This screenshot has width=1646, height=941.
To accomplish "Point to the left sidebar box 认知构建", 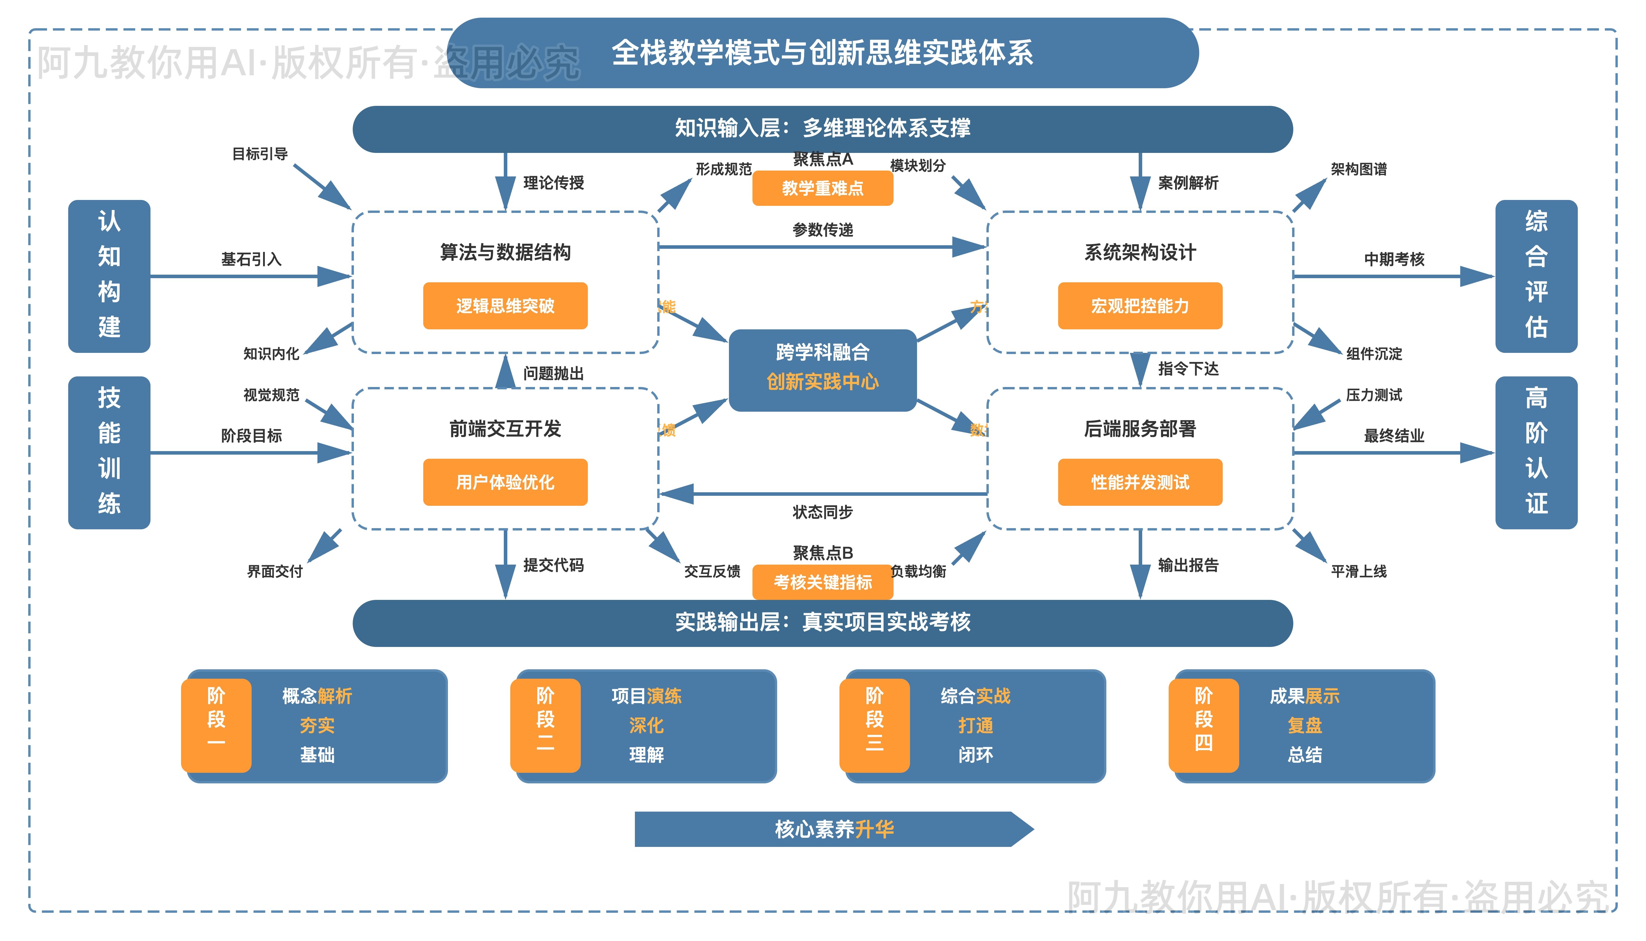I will pos(109,276).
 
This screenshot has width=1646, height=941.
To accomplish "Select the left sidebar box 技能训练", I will pos(109,452).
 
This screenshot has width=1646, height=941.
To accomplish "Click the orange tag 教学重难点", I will pos(822,188).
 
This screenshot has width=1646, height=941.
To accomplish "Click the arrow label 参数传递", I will pos(822,229).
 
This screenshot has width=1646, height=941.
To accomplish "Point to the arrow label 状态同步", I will pos(822,512).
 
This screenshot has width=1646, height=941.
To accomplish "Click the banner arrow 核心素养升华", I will pos(833,829).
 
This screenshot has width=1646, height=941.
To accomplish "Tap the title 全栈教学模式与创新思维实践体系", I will pos(822,53).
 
